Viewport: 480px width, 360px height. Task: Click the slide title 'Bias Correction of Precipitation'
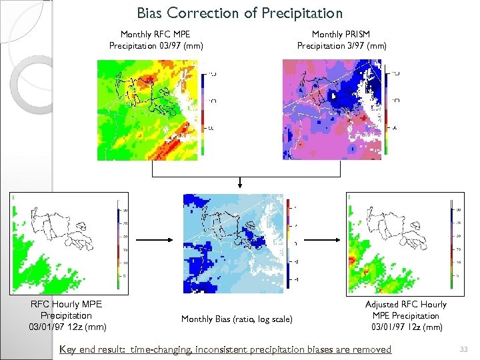(x=239, y=13)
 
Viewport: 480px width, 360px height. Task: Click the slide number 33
(x=463, y=349)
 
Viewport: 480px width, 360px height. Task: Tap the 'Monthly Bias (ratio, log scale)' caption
(x=237, y=319)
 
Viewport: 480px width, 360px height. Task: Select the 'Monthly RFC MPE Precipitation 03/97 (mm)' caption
(x=156, y=40)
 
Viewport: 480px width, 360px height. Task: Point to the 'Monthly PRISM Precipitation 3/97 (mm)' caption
(x=341, y=40)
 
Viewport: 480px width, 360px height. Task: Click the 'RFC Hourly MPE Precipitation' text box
(x=67, y=315)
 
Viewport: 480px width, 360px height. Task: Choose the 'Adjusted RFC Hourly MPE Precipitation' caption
(x=405, y=315)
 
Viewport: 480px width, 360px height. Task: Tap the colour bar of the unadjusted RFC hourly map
(x=117, y=243)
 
